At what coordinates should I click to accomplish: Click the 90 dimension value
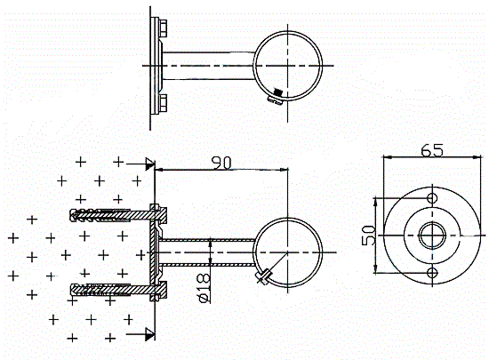221,163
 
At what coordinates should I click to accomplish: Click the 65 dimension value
431,150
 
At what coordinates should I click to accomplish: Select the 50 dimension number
369,236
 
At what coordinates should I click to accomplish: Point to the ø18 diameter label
204,288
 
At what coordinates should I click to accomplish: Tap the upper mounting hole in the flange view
432,198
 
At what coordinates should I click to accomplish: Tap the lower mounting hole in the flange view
432,273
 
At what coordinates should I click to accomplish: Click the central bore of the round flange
432,236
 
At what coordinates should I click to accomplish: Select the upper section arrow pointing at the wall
140,164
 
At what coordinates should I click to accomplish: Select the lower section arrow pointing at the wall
140,334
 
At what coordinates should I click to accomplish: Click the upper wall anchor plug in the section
100,215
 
